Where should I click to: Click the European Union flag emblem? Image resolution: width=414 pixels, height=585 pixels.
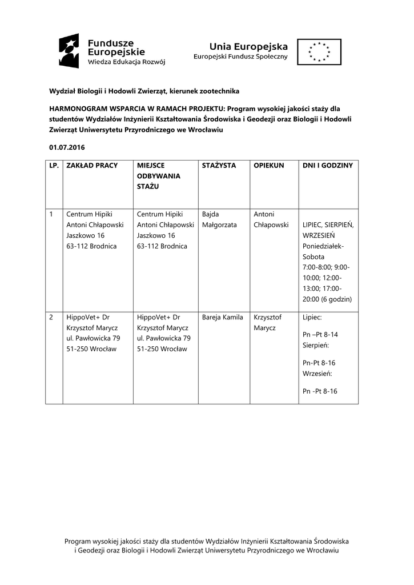(x=319, y=51)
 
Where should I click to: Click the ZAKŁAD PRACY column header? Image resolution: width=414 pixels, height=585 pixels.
(x=92, y=166)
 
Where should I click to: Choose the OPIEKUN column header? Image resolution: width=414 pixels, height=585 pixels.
(x=268, y=166)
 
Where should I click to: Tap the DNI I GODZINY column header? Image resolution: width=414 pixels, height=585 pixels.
(x=328, y=166)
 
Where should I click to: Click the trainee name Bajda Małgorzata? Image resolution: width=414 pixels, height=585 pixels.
(x=219, y=219)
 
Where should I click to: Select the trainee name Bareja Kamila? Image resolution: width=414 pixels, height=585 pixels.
(x=222, y=317)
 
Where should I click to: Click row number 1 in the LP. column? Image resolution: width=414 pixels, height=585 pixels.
(x=51, y=214)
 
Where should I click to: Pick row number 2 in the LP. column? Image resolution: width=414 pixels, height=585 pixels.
(x=51, y=317)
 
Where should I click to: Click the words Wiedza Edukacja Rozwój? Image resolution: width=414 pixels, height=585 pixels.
(x=126, y=62)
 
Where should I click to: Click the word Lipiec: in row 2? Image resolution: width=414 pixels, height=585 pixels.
(x=312, y=317)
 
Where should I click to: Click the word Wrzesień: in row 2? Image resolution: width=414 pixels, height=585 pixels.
(x=317, y=374)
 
